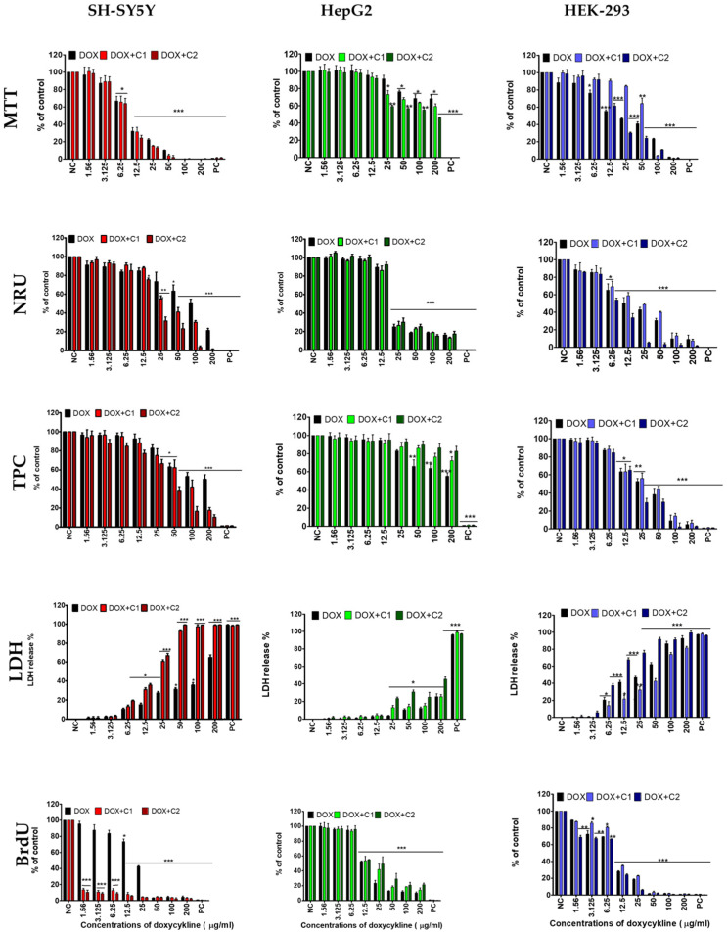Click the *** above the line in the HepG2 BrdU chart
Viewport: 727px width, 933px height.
click(401, 848)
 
